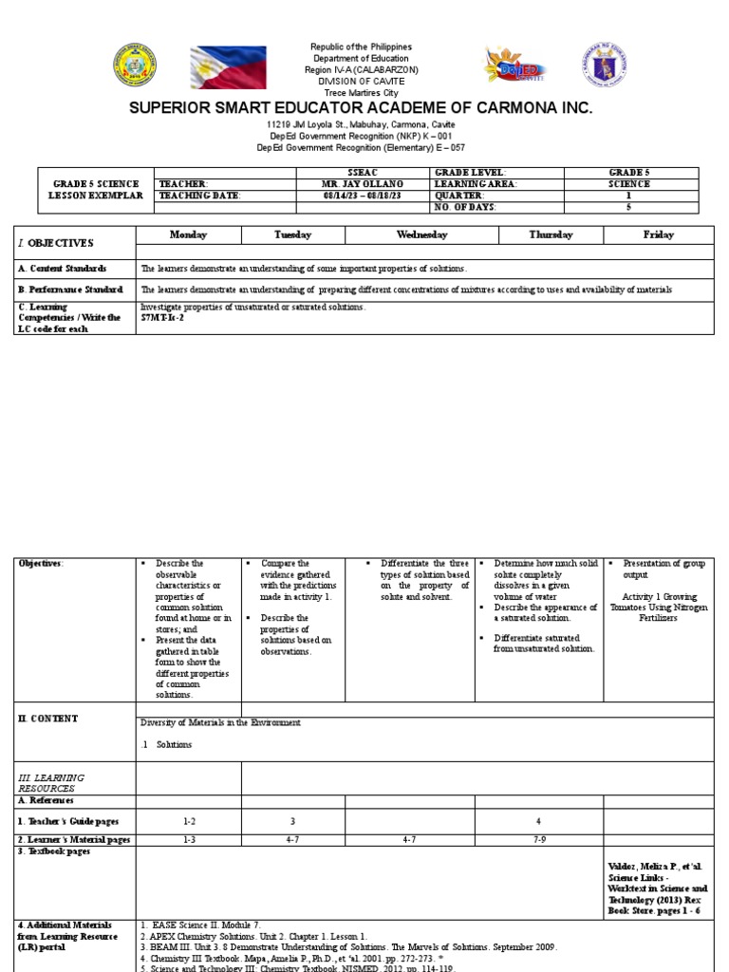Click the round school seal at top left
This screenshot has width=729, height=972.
coord(135,65)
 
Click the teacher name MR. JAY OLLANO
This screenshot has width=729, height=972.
coord(364,184)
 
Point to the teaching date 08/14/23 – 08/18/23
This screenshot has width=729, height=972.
coord(364,196)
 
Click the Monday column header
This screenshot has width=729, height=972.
coord(188,234)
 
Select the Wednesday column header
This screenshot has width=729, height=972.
coord(417,234)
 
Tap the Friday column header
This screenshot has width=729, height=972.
coord(658,234)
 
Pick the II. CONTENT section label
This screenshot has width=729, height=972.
coord(48,719)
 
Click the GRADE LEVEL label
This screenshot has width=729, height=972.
coord(465,172)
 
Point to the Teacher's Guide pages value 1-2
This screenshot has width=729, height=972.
coord(188,821)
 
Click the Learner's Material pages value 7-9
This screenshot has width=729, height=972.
coord(539,840)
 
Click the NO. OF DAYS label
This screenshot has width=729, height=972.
coord(465,207)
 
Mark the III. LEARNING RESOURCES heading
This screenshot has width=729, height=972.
coord(52,783)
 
